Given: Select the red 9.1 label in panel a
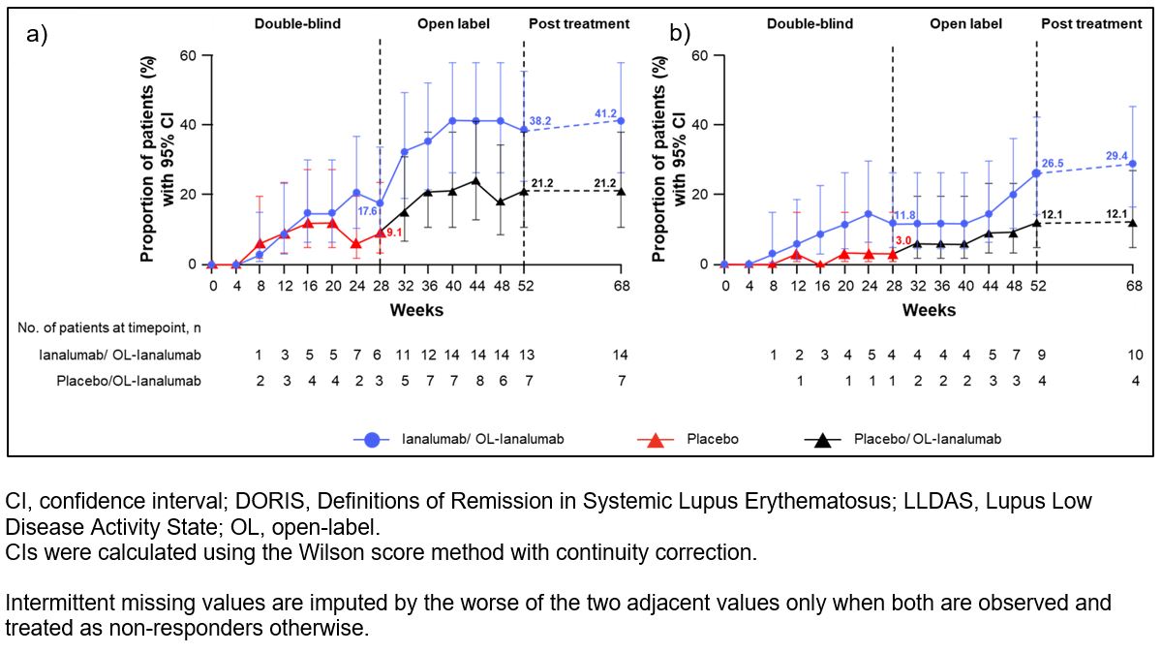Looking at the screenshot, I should [394, 233].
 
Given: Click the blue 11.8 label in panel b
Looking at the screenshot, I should [904, 216].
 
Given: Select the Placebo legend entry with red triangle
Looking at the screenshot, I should [712, 439].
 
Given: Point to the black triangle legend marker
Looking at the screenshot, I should [824, 439].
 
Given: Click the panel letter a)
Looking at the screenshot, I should [37, 35].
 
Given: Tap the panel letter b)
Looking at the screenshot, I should [680, 35].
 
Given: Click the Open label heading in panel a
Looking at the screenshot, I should [453, 23].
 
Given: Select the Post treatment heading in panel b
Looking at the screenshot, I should [1091, 23].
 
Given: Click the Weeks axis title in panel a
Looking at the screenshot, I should [416, 310].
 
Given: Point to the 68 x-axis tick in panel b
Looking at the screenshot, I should [1131, 287].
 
